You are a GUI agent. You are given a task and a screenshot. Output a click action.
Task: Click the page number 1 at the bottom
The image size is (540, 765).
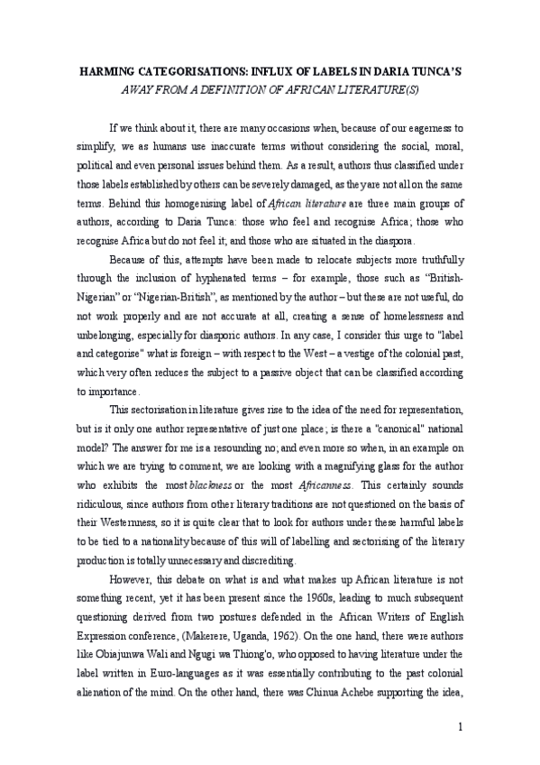pyautogui.click(x=461, y=726)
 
